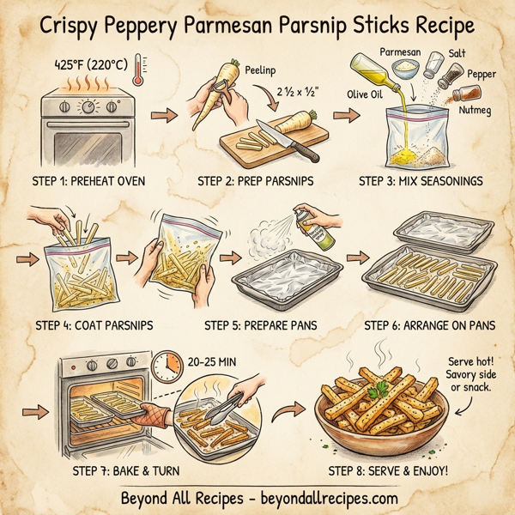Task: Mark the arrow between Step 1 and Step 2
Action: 161,112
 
